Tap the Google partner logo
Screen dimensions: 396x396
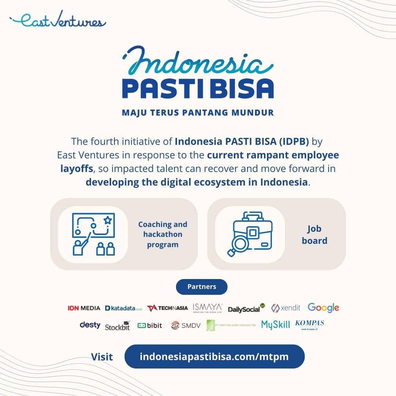tap(323, 308)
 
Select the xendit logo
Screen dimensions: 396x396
tap(286, 308)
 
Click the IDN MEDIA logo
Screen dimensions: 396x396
tap(84, 308)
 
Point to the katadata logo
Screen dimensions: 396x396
tap(124, 308)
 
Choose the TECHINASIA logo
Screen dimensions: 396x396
tap(167, 308)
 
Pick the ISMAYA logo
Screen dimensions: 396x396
tap(208, 308)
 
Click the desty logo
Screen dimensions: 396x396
tap(90, 325)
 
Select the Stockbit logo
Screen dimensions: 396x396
tap(117, 326)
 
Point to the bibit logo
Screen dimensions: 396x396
tap(150, 325)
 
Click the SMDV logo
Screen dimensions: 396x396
tap(186, 325)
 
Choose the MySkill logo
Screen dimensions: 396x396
tap(275, 324)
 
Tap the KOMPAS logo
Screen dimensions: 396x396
tap(309, 324)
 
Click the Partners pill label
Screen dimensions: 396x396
tap(202, 287)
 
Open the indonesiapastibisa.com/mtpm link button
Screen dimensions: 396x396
tap(214, 356)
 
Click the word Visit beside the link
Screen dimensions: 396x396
tap(102, 357)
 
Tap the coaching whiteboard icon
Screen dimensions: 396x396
tap(93, 234)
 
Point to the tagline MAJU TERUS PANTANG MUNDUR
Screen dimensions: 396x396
tap(198, 112)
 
